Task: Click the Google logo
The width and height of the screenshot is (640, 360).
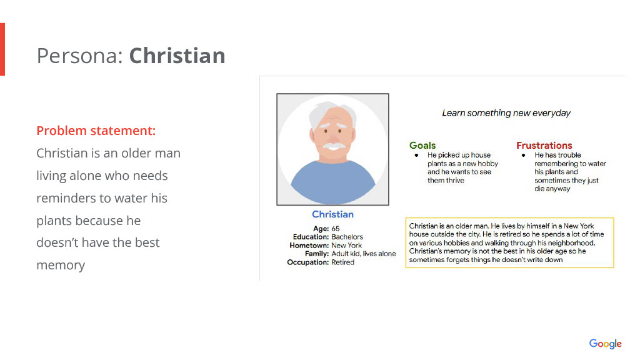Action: click(x=605, y=344)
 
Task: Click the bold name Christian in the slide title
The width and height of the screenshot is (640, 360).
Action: click(x=177, y=56)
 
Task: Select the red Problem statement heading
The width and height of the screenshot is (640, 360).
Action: click(x=96, y=131)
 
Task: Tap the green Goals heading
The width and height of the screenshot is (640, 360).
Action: click(x=422, y=145)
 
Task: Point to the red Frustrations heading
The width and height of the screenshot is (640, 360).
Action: click(x=544, y=145)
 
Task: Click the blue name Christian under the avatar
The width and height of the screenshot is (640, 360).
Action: click(x=332, y=214)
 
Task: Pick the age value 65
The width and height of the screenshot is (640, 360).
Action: click(x=336, y=229)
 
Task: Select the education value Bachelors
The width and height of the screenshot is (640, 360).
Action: click(x=347, y=237)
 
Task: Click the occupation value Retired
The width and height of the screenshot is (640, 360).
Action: click(x=343, y=262)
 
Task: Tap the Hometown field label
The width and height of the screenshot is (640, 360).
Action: click(x=309, y=245)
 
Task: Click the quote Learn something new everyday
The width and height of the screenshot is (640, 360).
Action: click(x=506, y=113)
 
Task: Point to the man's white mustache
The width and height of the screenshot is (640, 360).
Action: click(x=334, y=145)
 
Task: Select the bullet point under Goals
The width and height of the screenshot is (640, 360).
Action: click(x=416, y=155)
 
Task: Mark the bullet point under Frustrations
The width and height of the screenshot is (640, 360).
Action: click(x=523, y=155)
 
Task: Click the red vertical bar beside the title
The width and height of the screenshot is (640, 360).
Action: click(x=2, y=49)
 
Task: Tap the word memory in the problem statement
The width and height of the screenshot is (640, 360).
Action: click(x=61, y=265)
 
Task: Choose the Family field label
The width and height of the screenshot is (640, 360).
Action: click(x=317, y=254)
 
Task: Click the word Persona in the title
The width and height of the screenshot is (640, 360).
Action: click(x=79, y=56)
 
